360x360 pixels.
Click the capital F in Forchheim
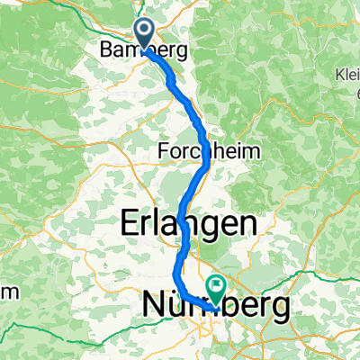(163, 150)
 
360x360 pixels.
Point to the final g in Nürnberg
(281, 309)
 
